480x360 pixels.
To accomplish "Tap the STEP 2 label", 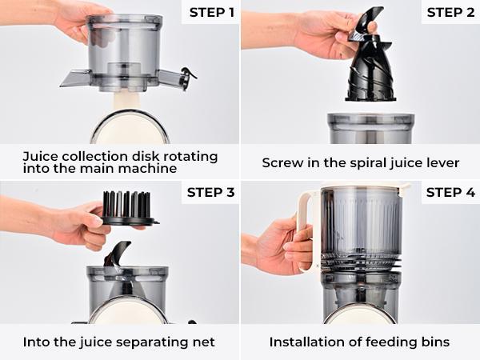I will (450, 12).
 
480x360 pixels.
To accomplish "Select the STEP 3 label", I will (210, 193).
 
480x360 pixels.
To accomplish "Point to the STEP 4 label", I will (450, 193).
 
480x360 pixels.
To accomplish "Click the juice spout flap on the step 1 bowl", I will (75, 78).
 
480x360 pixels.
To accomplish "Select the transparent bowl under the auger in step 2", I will (370, 128).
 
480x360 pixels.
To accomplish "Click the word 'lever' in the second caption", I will (442, 162).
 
